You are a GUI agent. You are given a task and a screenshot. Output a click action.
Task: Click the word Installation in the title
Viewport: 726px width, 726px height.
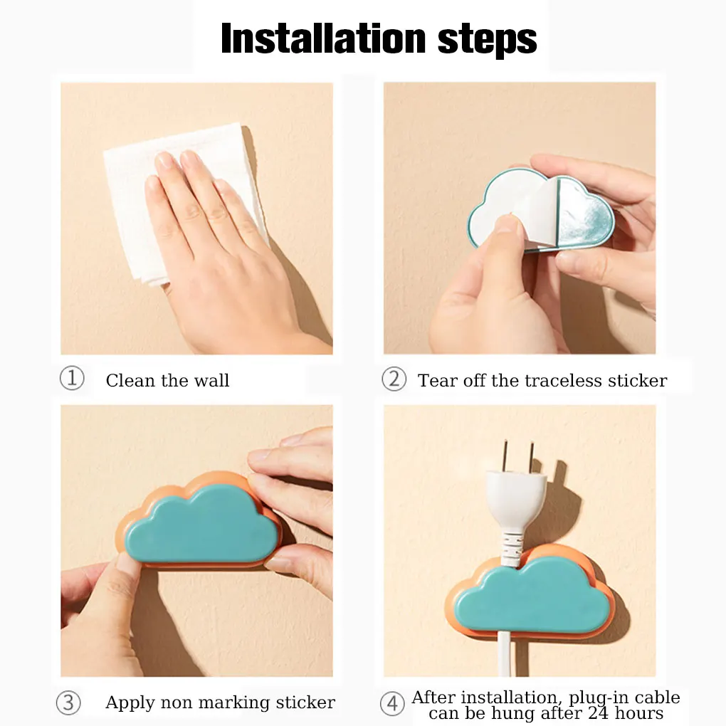click(x=323, y=38)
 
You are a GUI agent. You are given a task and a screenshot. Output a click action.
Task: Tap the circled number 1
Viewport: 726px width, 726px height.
click(x=72, y=378)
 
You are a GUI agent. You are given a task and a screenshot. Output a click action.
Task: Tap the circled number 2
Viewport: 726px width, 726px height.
click(x=394, y=379)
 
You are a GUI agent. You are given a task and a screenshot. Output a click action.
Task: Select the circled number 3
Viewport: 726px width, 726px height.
click(x=68, y=703)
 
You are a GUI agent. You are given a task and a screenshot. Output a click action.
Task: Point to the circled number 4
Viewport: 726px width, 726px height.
click(x=392, y=703)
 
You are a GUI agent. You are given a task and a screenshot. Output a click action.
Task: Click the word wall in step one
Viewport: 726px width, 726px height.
click(x=211, y=381)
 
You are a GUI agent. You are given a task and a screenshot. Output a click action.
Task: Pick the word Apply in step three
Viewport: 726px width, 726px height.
click(x=130, y=703)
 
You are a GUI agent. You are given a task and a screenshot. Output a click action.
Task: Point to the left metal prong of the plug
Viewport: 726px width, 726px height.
click(x=505, y=455)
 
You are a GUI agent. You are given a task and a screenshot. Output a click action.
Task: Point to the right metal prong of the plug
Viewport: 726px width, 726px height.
click(x=532, y=456)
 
